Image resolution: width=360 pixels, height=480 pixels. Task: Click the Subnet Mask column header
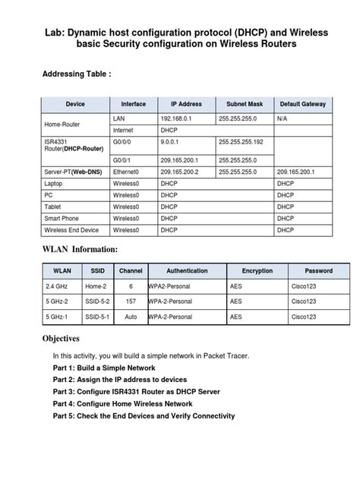coord(245,103)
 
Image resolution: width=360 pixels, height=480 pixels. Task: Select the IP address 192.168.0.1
coord(178,118)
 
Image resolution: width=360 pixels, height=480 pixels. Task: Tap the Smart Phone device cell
coord(62,218)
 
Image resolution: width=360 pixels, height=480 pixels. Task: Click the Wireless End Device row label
coord(71,229)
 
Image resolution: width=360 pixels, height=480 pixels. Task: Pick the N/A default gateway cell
coord(282,118)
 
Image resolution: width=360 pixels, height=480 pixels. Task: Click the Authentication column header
coord(186,270)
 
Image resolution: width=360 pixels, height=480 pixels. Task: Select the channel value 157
coord(131,302)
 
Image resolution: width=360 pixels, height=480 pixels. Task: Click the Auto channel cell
coord(131,317)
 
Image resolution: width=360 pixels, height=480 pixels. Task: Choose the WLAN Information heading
coord(80,249)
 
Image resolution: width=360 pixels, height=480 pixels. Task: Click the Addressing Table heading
coord(77,74)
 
